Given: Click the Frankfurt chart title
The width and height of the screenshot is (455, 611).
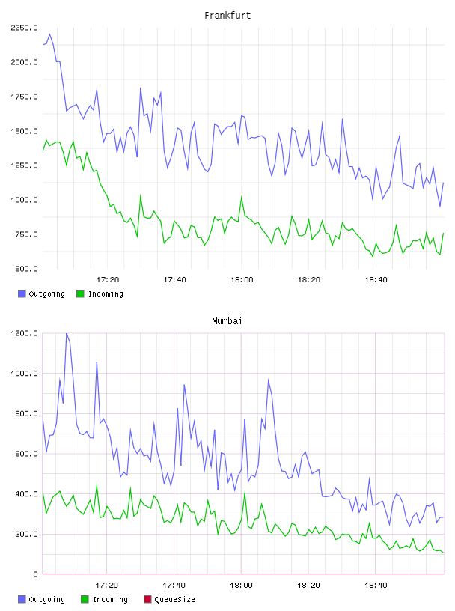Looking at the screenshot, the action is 227,16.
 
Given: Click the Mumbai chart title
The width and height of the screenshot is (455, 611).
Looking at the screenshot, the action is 227,321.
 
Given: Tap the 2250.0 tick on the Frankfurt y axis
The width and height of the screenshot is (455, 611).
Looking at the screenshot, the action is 25,28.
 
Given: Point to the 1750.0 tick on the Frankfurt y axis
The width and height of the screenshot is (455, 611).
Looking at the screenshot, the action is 25,97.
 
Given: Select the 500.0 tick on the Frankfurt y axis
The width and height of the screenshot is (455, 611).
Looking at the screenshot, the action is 27,269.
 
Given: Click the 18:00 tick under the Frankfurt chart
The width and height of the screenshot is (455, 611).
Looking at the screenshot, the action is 242,280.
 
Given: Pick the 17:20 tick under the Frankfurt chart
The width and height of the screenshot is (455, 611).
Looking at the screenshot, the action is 108,280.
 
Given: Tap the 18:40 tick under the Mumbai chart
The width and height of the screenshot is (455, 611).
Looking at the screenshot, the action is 376,586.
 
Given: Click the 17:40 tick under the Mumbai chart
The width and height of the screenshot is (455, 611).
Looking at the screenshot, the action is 174,586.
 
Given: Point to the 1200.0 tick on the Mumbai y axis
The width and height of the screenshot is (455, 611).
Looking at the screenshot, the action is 25,333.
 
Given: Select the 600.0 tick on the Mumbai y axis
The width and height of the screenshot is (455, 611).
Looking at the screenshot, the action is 27,454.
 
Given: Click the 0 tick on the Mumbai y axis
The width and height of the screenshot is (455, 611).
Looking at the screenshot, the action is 35,574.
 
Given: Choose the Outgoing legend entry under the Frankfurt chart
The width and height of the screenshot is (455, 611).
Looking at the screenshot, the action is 42,294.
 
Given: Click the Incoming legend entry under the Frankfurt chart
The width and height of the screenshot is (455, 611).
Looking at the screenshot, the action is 100,294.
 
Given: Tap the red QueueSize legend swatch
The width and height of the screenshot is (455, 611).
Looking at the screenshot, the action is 147,599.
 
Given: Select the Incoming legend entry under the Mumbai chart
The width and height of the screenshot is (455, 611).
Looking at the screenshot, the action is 105,599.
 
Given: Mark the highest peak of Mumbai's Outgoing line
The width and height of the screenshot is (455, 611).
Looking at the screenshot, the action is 67,333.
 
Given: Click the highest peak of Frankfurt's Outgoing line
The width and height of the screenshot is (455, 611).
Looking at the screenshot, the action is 49,34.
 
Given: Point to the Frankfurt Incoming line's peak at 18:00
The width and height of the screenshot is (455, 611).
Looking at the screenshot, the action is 242,197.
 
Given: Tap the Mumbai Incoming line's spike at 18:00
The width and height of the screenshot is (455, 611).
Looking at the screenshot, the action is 245,492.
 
